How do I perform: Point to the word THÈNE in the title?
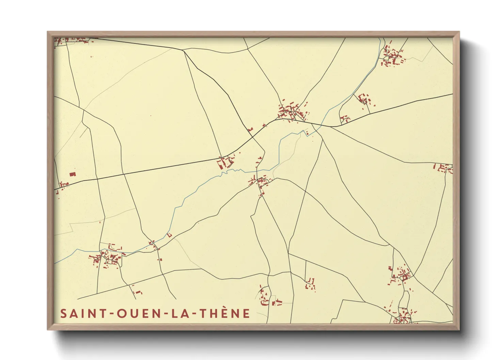click(x=225, y=313)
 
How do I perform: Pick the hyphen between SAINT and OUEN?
click(x=112, y=314)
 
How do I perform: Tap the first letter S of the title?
click(x=63, y=313)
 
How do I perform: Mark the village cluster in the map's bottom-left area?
click(x=107, y=257)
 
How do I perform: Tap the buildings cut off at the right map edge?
click(x=444, y=168)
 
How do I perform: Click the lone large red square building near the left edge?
click(x=72, y=174)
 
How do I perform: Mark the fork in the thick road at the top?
click(x=183, y=50)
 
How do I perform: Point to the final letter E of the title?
click(x=247, y=313)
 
